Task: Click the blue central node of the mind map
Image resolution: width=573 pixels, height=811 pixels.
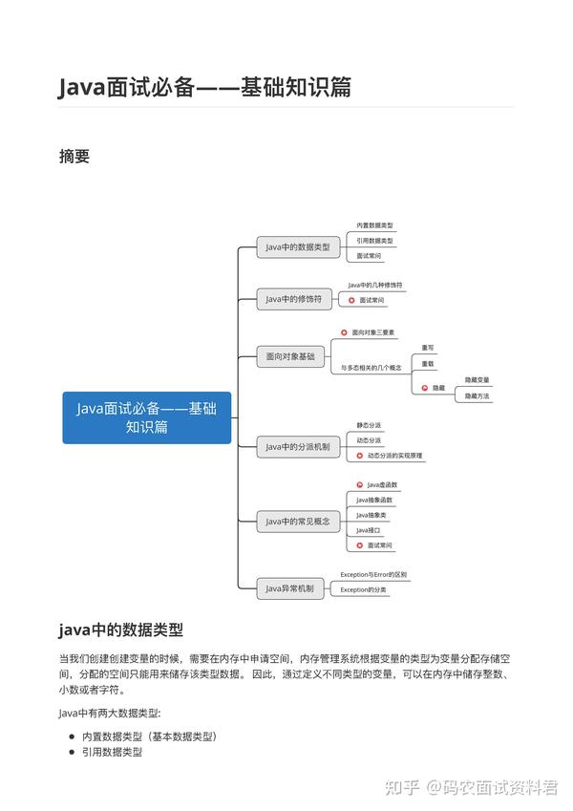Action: click(146, 417)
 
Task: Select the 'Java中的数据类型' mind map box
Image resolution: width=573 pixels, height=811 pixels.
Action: click(298, 247)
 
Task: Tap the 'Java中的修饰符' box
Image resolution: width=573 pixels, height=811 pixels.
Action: click(298, 299)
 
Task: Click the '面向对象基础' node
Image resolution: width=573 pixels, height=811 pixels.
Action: click(290, 356)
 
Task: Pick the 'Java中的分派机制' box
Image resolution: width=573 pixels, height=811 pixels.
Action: click(297, 446)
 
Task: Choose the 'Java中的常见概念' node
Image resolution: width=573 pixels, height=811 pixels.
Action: click(298, 522)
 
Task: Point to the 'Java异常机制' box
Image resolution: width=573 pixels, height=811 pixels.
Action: click(289, 588)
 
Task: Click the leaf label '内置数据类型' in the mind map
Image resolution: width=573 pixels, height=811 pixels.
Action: click(368, 225)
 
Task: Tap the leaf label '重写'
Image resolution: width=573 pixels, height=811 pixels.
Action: click(428, 348)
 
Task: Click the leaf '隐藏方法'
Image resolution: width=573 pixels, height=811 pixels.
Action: click(477, 395)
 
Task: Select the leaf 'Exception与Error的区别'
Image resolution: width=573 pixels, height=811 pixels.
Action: click(373, 575)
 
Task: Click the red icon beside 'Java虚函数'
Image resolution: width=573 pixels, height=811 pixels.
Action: click(359, 485)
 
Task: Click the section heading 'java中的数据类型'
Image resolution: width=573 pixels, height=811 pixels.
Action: click(120, 630)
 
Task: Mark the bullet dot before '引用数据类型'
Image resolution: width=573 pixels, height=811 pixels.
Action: click(72, 753)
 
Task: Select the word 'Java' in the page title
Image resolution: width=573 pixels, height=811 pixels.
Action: click(84, 87)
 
